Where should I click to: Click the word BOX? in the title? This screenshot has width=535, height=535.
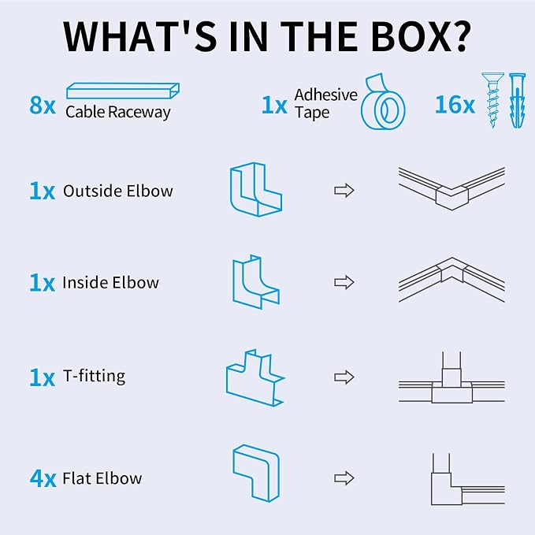[x=421, y=36]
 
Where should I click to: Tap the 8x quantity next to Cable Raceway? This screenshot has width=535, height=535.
[x=43, y=105]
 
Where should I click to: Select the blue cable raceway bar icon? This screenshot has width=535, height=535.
[x=123, y=91]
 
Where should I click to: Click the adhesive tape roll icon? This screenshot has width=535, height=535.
[x=383, y=102]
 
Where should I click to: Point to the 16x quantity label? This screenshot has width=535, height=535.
[x=455, y=105]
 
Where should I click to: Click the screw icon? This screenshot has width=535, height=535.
[x=492, y=100]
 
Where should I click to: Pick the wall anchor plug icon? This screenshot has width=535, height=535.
[x=517, y=100]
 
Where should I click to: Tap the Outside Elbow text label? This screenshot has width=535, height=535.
[x=118, y=191]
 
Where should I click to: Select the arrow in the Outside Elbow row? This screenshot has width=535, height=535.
[x=344, y=191]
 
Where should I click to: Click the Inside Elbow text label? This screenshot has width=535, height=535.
[x=110, y=283]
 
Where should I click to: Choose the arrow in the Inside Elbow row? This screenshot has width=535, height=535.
[x=344, y=282]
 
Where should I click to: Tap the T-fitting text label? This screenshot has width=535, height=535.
[x=95, y=377]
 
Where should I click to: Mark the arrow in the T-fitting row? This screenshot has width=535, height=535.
[x=344, y=377]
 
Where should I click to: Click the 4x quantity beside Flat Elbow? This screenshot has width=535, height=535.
[x=43, y=478]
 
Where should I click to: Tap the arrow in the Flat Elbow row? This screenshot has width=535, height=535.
[x=344, y=478]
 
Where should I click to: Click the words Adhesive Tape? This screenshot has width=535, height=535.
[x=326, y=103]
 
